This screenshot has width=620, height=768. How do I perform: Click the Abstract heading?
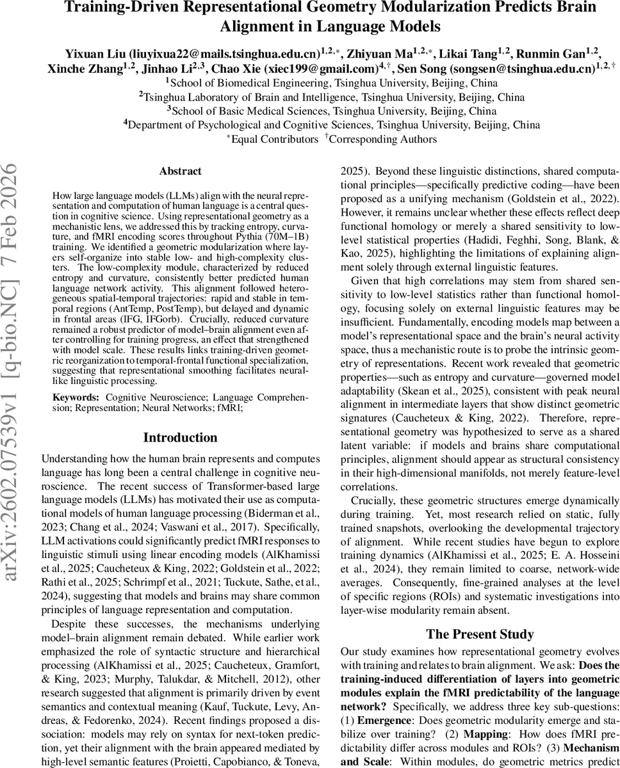pos(180,171)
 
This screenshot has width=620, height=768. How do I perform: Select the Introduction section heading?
pos(180,438)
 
